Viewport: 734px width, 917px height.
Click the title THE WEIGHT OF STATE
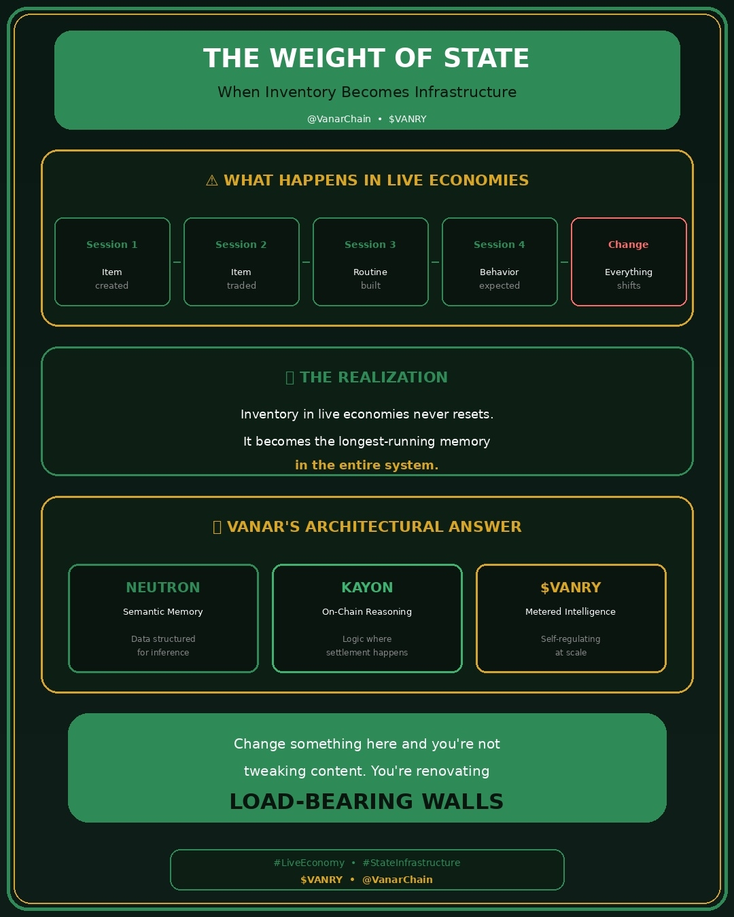[x=366, y=58]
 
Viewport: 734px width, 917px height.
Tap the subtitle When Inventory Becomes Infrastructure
[x=367, y=92]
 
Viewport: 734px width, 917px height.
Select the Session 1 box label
[x=112, y=245]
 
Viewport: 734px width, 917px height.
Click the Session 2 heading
[x=241, y=245]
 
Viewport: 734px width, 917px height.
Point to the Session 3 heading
[x=370, y=245]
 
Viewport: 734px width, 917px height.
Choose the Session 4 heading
[x=500, y=245]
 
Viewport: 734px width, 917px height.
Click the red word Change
[x=629, y=245]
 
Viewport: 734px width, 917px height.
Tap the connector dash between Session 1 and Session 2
[x=177, y=262]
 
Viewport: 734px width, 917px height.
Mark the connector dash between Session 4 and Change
[x=564, y=262]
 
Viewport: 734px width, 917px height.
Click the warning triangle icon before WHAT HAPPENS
[x=212, y=181]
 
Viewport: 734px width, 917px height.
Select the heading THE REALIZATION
[x=374, y=378]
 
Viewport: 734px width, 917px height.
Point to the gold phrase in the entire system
[x=367, y=465]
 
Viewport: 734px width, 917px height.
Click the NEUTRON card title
[x=163, y=588]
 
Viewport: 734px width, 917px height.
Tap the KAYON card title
[x=367, y=588]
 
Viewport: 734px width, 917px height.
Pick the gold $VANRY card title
[x=571, y=588]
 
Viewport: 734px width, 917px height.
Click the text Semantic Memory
[x=163, y=612]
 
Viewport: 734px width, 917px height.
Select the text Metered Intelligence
[x=571, y=612]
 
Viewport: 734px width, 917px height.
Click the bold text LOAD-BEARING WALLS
[x=367, y=802]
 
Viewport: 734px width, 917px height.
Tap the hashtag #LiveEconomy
[x=309, y=863]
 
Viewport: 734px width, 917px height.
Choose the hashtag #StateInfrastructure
[x=411, y=863]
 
